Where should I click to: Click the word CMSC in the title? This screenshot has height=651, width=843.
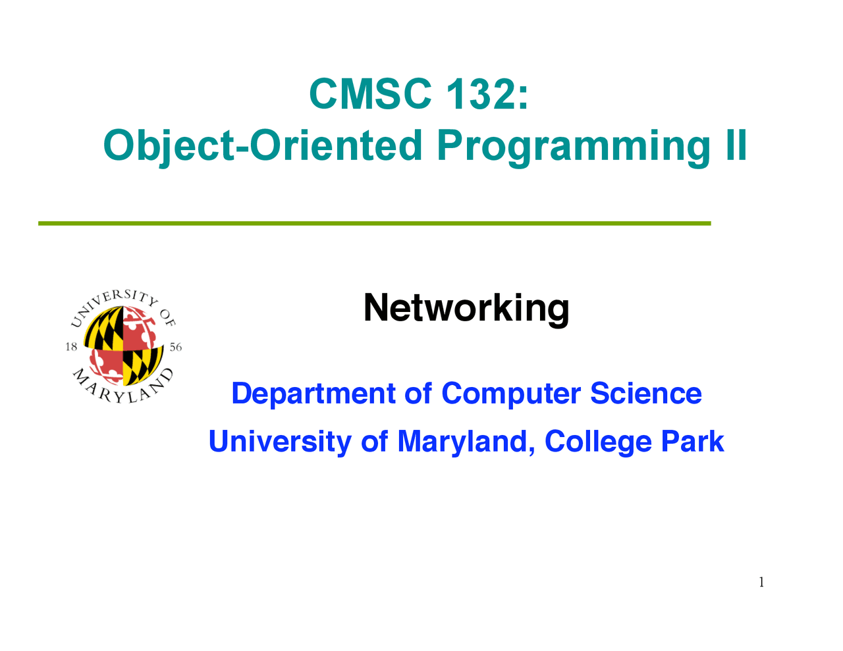(370, 94)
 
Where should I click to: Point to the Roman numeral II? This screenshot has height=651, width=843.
(736, 145)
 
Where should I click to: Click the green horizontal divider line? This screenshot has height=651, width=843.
(374, 223)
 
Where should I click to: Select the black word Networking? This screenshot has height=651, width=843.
(466, 309)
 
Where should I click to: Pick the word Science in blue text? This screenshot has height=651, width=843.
(646, 393)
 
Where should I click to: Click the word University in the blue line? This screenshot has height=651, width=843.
(280, 442)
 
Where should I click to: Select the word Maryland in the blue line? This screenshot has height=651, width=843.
(466, 442)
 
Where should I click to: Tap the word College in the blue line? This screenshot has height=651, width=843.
(598, 442)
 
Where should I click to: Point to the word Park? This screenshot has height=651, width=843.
(692, 441)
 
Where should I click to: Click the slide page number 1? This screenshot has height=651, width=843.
(761, 582)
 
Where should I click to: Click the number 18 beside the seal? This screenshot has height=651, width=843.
(71, 346)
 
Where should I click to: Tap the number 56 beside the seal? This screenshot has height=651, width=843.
(176, 347)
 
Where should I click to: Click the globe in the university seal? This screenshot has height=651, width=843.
(124, 346)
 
